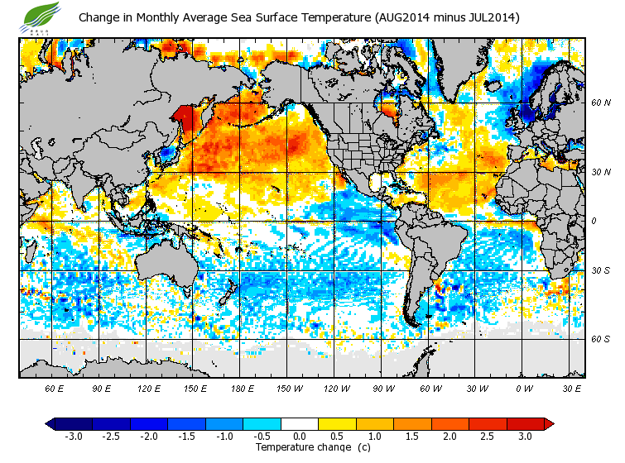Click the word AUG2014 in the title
(401, 17)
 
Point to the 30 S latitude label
(602, 270)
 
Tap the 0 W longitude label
(524, 388)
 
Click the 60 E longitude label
(55, 388)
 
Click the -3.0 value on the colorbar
(73, 436)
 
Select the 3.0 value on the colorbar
(526, 436)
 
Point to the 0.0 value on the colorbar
(300, 436)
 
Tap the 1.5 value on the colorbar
(413, 436)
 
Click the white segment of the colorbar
(300, 423)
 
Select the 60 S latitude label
(602, 339)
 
